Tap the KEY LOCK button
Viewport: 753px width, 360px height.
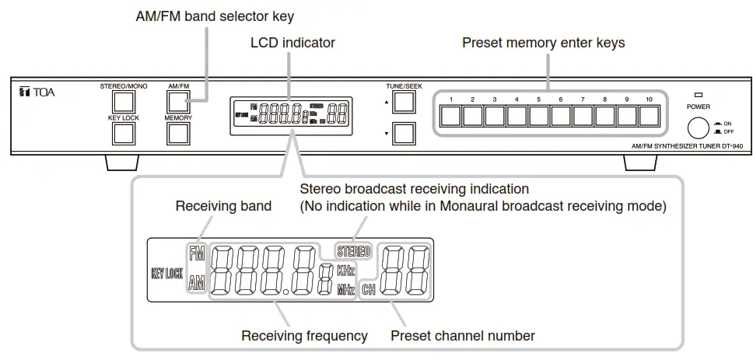pyautogui.click(x=124, y=133)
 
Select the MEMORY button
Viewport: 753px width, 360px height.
pyautogui.click(x=178, y=133)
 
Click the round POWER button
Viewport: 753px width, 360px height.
pyautogui.click(x=698, y=129)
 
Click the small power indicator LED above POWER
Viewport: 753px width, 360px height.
pyautogui.click(x=698, y=94)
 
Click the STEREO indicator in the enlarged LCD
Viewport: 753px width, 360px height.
pyautogui.click(x=354, y=251)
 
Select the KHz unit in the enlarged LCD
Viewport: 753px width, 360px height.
pyautogui.click(x=345, y=271)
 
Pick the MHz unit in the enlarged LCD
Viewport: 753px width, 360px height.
pyautogui.click(x=345, y=291)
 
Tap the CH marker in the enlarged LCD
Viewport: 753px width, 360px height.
pyautogui.click(x=369, y=291)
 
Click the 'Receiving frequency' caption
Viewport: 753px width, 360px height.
pyautogui.click(x=304, y=336)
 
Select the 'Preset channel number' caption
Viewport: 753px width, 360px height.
pyautogui.click(x=462, y=336)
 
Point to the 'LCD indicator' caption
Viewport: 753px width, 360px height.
pyautogui.click(x=292, y=43)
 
